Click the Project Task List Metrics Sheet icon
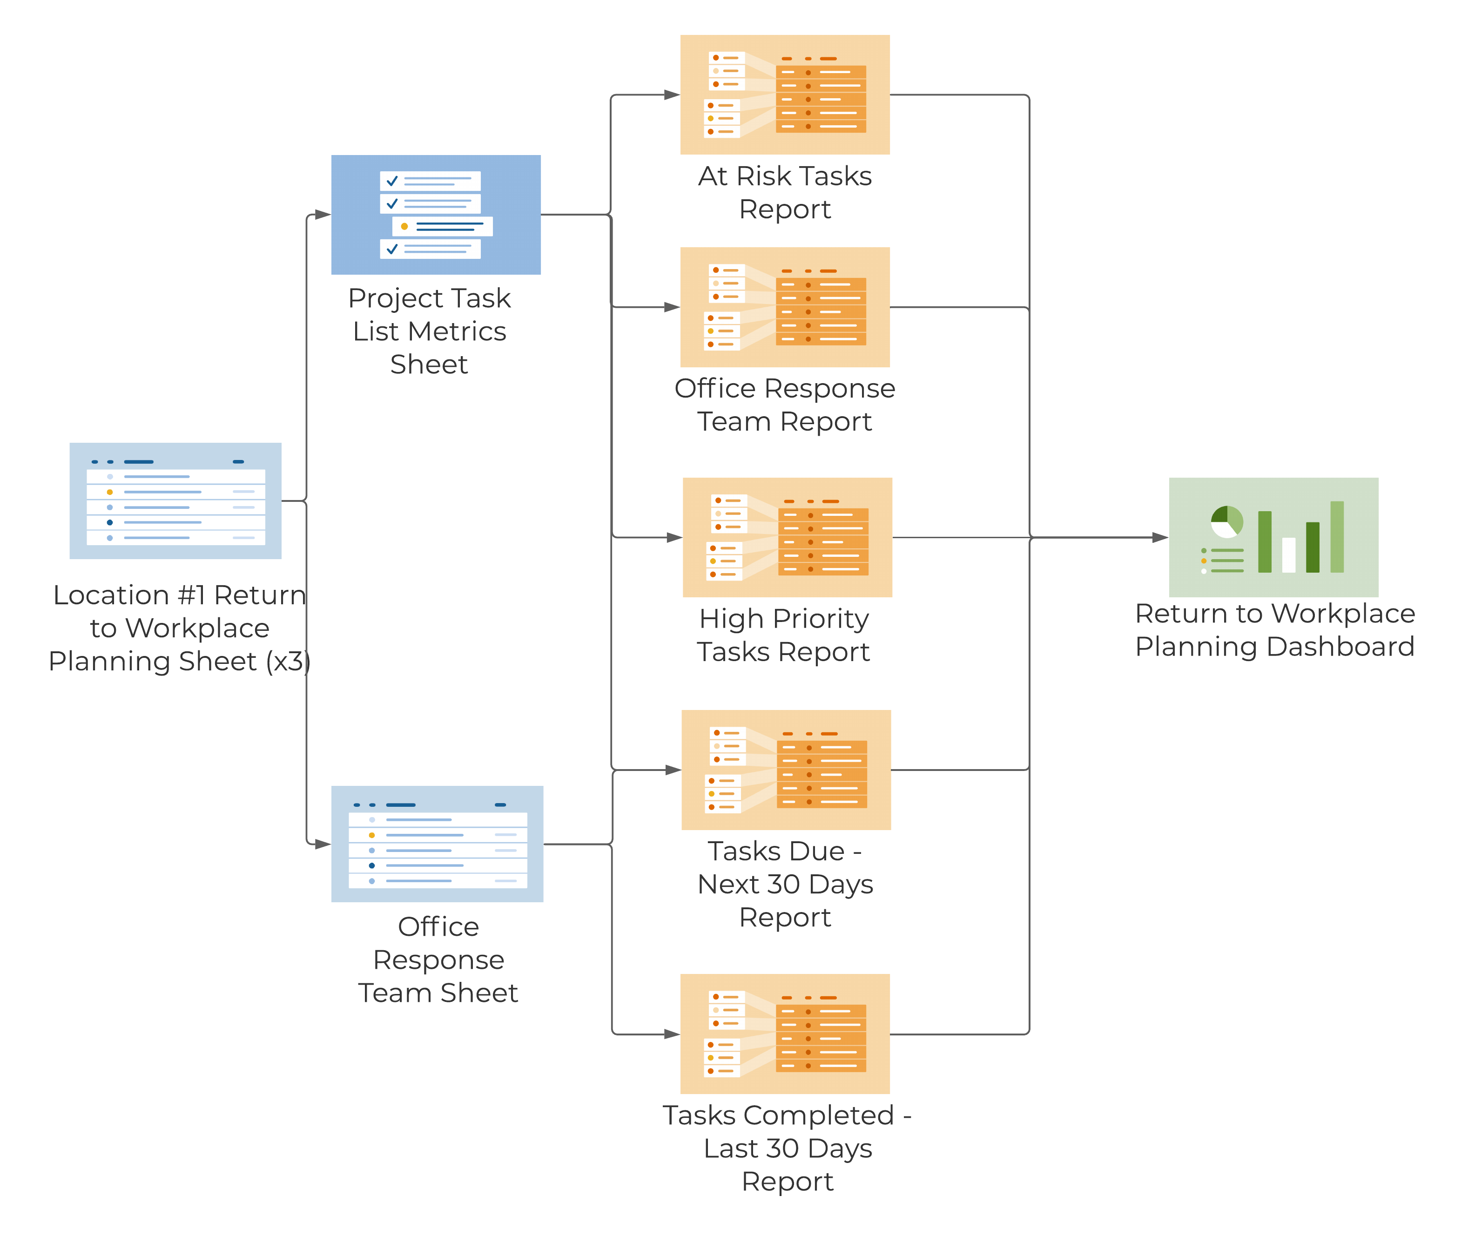(436, 215)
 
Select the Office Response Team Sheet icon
(437, 844)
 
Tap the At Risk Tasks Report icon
(785, 95)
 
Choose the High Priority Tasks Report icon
(787, 537)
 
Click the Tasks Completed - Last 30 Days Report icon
(785, 1034)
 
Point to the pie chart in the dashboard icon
(1227, 522)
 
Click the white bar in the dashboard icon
(1288, 554)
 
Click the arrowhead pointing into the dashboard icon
(1160, 538)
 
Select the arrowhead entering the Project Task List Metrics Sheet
(323, 215)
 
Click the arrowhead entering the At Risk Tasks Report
(672, 95)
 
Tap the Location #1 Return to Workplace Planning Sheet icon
(175, 500)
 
